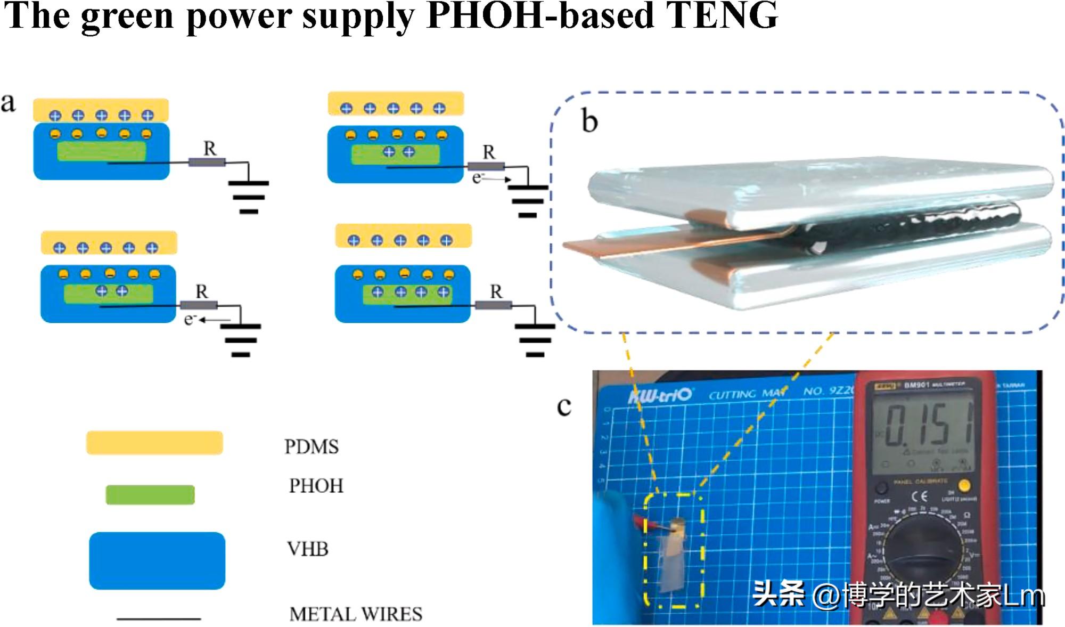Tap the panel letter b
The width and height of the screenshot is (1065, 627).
pyautogui.click(x=589, y=121)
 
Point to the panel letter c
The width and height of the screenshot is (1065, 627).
pyautogui.click(x=564, y=406)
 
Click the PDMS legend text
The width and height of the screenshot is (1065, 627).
pyautogui.click(x=312, y=446)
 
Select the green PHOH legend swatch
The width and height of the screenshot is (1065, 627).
pyautogui.click(x=150, y=494)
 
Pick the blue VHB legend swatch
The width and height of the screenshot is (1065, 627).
pyautogui.click(x=157, y=560)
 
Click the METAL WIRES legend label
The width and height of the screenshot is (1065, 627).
pyautogui.click(x=356, y=614)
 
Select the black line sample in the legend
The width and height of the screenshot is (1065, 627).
pyautogui.click(x=159, y=619)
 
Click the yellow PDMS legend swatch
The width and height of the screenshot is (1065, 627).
pyautogui.click(x=154, y=443)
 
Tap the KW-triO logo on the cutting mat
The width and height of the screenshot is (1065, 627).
pyautogui.click(x=660, y=396)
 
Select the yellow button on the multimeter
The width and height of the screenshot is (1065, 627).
pyautogui.click(x=964, y=485)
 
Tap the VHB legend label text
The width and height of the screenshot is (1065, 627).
pyautogui.click(x=308, y=549)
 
